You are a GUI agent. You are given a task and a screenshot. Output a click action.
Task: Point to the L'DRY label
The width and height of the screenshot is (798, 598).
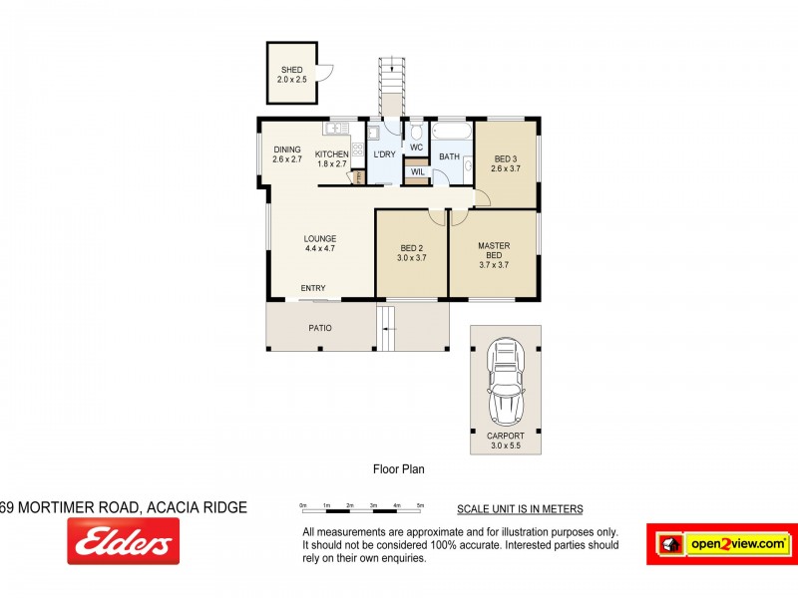(x=385, y=154)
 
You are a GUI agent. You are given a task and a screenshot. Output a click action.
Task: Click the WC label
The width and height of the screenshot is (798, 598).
(x=417, y=148)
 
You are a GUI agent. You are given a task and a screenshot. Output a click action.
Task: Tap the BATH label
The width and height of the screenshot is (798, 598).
(x=449, y=156)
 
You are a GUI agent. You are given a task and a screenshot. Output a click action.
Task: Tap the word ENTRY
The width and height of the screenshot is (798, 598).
(x=313, y=288)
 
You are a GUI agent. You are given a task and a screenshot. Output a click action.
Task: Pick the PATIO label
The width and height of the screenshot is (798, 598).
(x=319, y=327)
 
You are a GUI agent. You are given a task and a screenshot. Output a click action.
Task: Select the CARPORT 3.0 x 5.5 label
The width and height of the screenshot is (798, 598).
(x=505, y=442)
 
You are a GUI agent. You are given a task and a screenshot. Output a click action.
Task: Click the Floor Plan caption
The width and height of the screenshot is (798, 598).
(x=399, y=466)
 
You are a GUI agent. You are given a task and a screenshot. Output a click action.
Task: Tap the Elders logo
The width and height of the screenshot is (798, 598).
(x=124, y=541)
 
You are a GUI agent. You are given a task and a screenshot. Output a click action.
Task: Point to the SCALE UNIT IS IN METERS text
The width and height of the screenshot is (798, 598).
(x=520, y=509)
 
